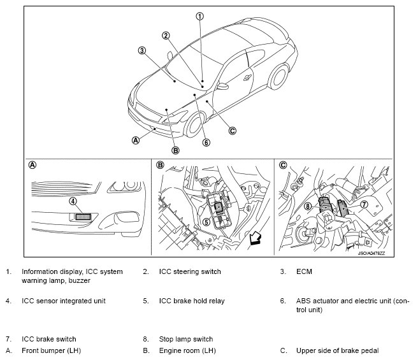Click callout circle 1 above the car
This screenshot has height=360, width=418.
pos(200,17)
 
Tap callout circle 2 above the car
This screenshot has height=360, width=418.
pos(166,36)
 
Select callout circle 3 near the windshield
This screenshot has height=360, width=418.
pos(142,50)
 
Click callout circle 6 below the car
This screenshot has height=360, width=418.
pos(206,143)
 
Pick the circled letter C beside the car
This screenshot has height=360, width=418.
pos(233,131)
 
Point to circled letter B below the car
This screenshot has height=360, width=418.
pos(175,150)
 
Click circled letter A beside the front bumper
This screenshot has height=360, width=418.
pos(136,140)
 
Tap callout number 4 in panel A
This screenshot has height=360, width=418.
pos(73,201)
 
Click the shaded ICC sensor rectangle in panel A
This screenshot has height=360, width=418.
pos(83,217)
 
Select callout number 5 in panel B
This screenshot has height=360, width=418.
pos(207,222)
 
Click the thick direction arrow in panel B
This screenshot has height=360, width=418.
pos(256,238)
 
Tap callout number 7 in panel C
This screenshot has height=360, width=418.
pos(364,205)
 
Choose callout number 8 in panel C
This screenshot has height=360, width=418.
pos(308,206)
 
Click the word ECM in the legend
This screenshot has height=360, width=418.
pos(304,271)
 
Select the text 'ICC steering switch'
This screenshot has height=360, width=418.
pos(190,271)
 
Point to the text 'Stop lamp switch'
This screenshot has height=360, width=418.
pos(186,339)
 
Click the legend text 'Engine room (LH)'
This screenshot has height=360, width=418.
pos(187,350)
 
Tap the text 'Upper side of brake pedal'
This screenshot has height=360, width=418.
pos(337,350)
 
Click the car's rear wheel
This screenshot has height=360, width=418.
pos(278,76)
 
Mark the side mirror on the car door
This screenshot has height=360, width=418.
pos(222,87)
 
